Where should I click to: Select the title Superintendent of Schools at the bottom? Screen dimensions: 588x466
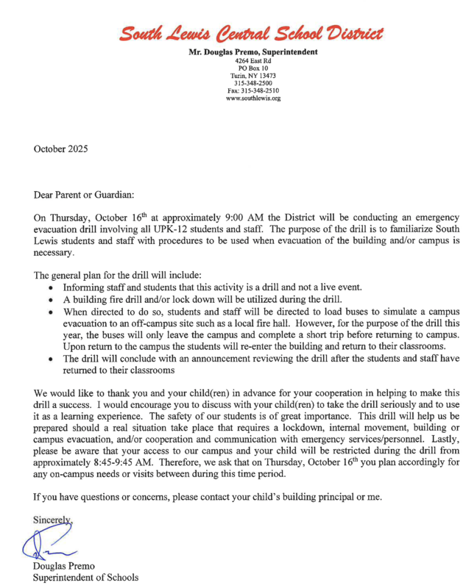pos(86,578)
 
